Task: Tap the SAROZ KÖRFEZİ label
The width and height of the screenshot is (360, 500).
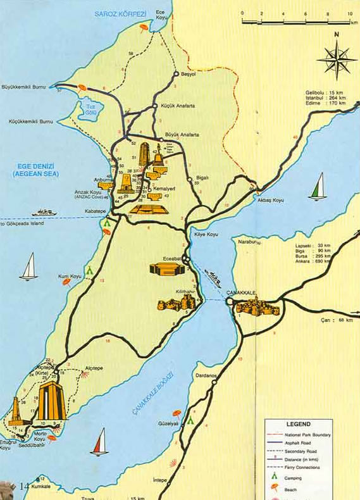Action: [120, 13]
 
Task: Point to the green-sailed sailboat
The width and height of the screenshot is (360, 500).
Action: [318, 187]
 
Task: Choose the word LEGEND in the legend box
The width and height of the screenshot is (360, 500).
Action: [298, 423]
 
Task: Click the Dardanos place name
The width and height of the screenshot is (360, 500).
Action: [206, 375]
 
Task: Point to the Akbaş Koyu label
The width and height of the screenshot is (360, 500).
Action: [270, 200]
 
